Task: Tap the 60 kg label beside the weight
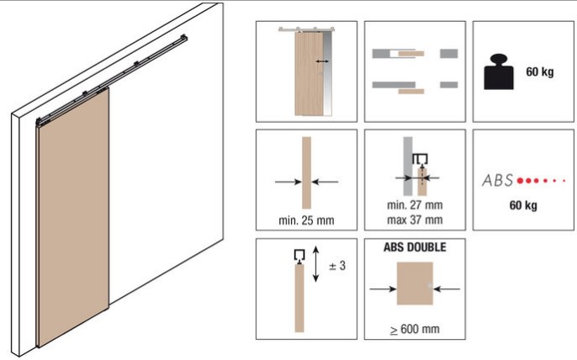click(x=539, y=71)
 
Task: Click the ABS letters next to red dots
click(x=498, y=180)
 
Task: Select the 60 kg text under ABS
click(x=523, y=205)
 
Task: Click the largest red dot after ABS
click(x=520, y=181)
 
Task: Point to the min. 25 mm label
click(x=306, y=220)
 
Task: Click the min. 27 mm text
click(x=415, y=204)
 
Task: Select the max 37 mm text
click(x=415, y=220)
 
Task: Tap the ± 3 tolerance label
click(x=337, y=266)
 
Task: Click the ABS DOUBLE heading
click(x=415, y=247)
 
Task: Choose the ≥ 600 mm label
click(x=415, y=329)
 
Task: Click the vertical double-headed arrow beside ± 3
click(x=315, y=264)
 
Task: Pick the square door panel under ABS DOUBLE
click(x=415, y=283)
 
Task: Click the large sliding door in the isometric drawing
click(x=73, y=217)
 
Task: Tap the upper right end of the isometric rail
click(x=185, y=37)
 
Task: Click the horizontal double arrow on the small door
click(x=322, y=61)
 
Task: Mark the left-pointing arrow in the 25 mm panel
click(x=325, y=182)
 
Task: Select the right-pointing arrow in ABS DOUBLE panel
click(x=383, y=289)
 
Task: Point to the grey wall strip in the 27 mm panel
click(x=408, y=166)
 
